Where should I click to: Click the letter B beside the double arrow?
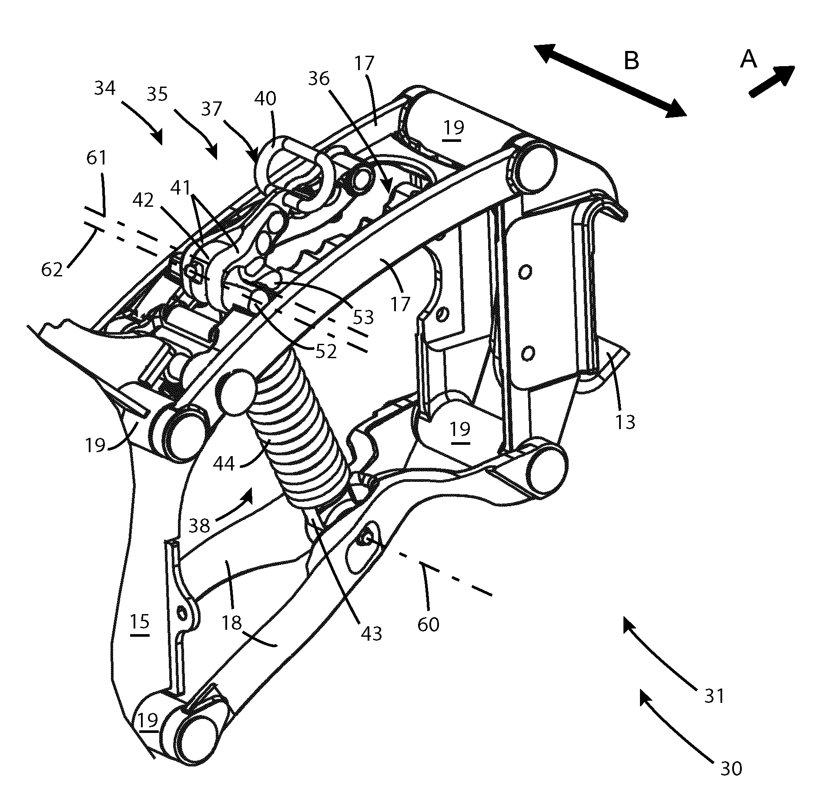click(x=631, y=61)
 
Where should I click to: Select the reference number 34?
click(x=105, y=88)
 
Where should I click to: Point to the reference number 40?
click(x=265, y=99)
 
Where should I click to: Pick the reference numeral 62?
click(x=52, y=270)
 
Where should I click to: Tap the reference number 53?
click(x=363, y=318)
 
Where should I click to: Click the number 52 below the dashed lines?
click(x=326, y=352)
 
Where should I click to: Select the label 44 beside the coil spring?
click(x=224, y=464)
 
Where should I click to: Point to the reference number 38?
click(x=200, y=526)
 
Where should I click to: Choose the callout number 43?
click(x=371, y=634)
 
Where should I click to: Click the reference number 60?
click(x=428, y=625)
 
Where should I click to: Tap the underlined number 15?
click(x=140, y=622)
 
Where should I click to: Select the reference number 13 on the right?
click(x=626, y=422)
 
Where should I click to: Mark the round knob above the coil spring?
click(x=235, y=392)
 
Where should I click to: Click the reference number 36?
click(x=319, y=79)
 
